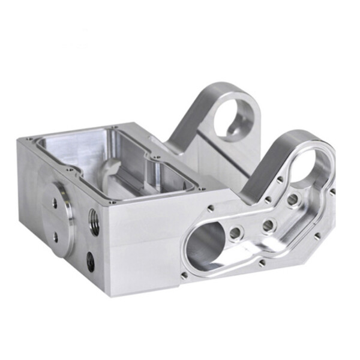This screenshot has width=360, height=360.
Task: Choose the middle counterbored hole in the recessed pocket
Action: click(x=268, y=225)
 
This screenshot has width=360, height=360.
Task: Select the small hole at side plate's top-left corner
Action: click(x=211, y=209)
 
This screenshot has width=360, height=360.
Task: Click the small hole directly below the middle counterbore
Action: click(x=261, y=262)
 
